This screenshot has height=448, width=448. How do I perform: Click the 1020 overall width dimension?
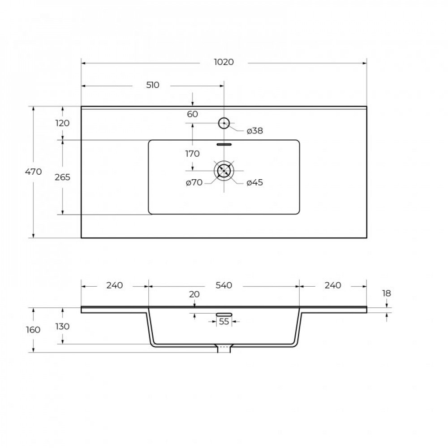point(224,62)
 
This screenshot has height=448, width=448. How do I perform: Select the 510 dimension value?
point(153,85)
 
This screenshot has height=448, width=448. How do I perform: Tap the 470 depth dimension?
point(34,172)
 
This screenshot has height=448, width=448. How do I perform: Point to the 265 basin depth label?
point(62,177)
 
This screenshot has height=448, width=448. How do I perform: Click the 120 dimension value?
point(62,123)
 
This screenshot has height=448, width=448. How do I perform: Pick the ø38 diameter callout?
point(254,131)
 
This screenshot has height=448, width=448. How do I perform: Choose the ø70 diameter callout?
point(194,182)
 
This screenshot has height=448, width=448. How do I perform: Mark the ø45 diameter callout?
point(254,182)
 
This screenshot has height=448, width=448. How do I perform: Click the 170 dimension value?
point(192,154)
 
